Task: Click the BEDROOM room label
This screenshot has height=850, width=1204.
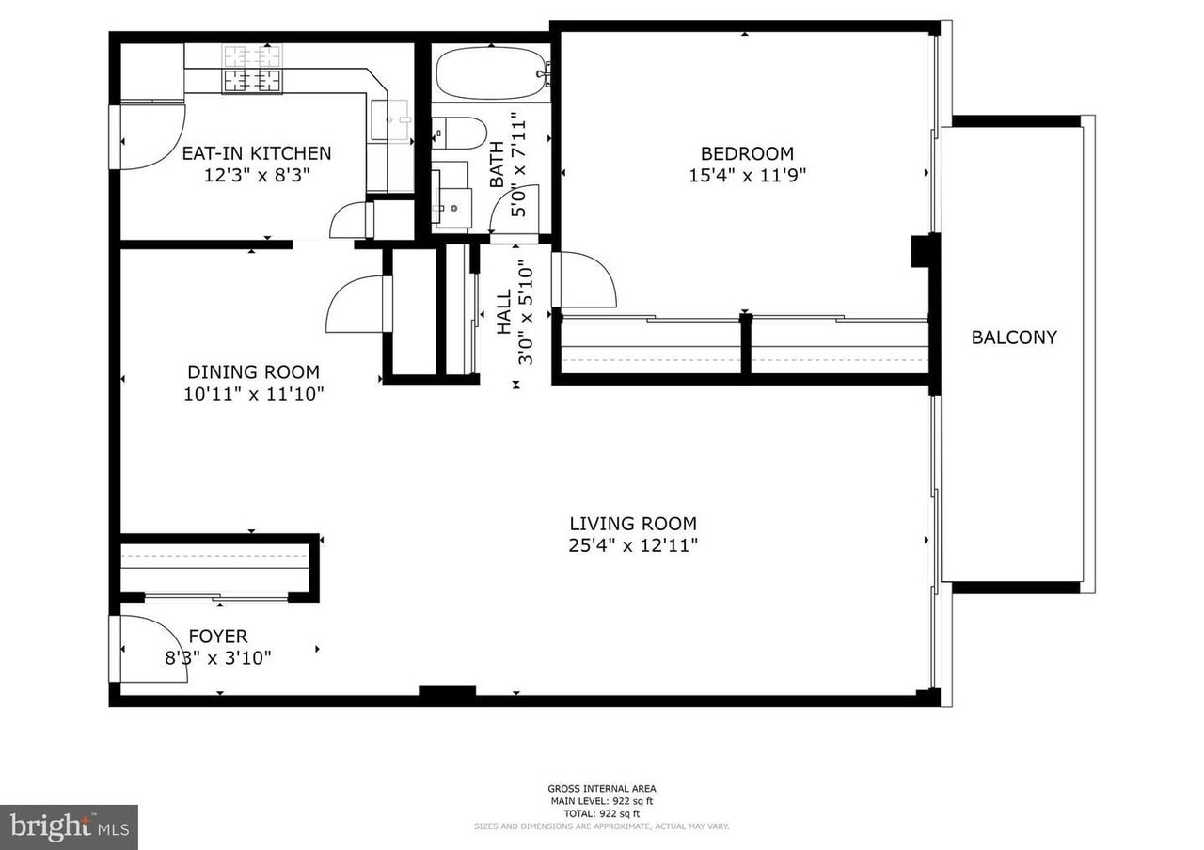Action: click(x=747, y=153)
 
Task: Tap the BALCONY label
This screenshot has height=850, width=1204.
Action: click(x=1014, y=338)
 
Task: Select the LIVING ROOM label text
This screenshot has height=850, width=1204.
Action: click(x=633, y=524)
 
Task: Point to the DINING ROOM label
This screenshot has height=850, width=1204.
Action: click(x=254, y=371)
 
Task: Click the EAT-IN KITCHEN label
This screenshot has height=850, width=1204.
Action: click(x=257, y=153)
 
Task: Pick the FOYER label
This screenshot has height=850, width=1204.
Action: click(x=218, y=637)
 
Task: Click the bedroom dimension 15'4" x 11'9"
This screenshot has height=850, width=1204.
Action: click(x=748, y=176)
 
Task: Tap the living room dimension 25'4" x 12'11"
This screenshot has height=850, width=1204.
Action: click(x=633, y=546)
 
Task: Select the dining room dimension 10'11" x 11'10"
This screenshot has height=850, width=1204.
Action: click(x=254, y=394)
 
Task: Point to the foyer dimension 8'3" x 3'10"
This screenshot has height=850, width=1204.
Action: click(x=217, y=657)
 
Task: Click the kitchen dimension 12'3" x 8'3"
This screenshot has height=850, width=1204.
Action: click(x=258, y=175)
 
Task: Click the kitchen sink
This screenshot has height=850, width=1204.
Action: click(x=392, y=120)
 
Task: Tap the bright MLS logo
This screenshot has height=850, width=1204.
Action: click(x=69, y=827)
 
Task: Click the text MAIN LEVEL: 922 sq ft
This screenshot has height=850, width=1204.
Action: click(x=601, y=801)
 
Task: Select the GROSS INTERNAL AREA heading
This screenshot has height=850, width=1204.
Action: click(x=601, y=789)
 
